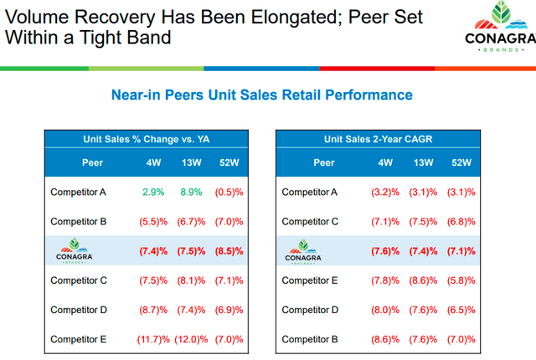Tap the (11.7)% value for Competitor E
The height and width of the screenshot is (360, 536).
[x=153, y=339]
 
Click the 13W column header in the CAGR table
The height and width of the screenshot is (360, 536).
[x=423, y=163]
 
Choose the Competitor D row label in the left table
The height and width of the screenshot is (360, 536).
[x=79, y=310]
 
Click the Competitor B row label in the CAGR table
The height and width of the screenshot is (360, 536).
[x=311, y=339]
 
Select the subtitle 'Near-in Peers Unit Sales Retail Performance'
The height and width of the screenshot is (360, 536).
[x=261, y=95]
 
